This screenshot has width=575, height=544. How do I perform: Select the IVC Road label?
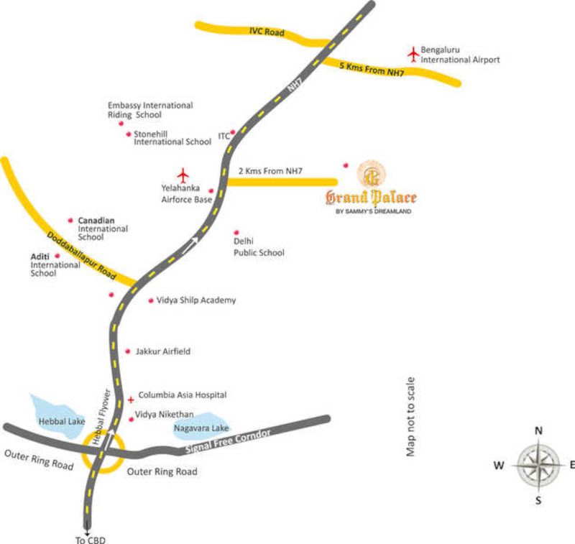pos(267,32)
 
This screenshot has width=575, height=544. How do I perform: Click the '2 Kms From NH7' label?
pos(270,171)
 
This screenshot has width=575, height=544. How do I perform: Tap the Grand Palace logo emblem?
pos(371,173)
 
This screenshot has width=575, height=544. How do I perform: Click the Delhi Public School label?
pos(258,247)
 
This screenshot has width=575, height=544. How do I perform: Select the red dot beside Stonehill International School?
pos(129,134)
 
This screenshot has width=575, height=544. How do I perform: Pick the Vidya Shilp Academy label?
pos(196,300)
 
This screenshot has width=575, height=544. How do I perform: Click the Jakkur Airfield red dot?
pos(128,351)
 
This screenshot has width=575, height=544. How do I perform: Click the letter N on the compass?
pos(538,430)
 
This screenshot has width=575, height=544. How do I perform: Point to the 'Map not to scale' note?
pos(411,417)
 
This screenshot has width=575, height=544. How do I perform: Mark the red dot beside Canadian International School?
pos(70,220)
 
